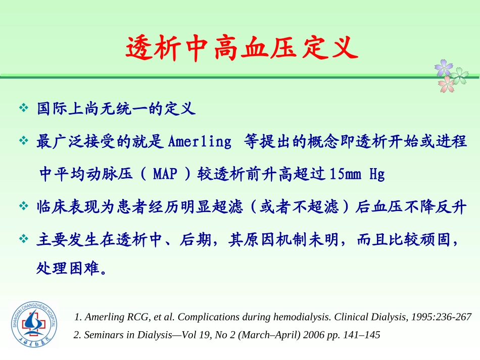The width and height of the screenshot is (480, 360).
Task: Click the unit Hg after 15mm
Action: coord(377,174)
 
